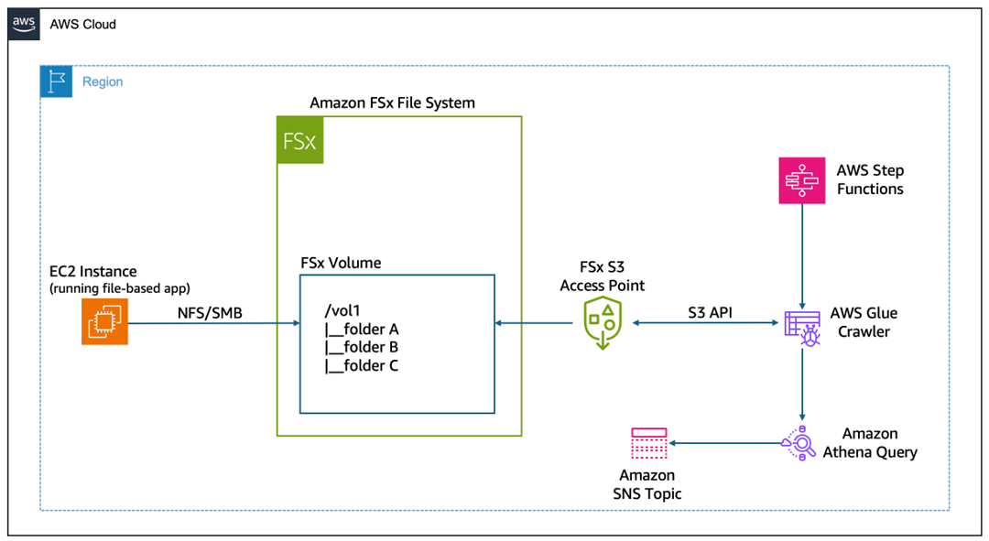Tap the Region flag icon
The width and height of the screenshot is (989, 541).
57,81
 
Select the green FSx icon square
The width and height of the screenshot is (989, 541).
300,140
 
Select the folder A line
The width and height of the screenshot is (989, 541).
362,330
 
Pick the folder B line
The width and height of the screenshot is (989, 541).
362,348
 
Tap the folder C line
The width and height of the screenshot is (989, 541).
362,366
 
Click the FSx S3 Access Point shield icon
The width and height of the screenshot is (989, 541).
603,323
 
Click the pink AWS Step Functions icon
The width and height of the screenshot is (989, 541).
802,179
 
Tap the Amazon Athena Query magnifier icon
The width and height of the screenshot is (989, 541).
799,443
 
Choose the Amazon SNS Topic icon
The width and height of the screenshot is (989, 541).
648,443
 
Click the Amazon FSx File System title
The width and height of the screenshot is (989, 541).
392,103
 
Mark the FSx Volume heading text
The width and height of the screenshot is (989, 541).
341,263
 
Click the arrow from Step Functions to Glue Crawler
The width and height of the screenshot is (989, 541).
803,256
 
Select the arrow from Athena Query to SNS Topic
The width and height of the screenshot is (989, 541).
723,444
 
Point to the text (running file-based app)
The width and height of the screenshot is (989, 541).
120,288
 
